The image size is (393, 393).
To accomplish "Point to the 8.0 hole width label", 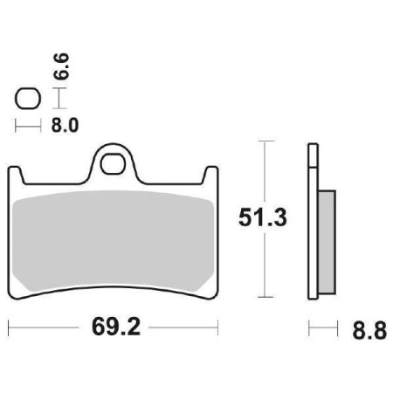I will [65, 125].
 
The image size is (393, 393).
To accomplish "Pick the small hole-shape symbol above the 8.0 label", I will [26, 98].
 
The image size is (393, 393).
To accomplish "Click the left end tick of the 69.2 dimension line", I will [8, 329].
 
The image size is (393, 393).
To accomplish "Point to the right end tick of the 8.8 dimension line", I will [335, 329].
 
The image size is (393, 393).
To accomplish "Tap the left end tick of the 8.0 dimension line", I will [17, 126].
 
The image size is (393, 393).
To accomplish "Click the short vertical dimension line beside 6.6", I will [52, 98].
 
